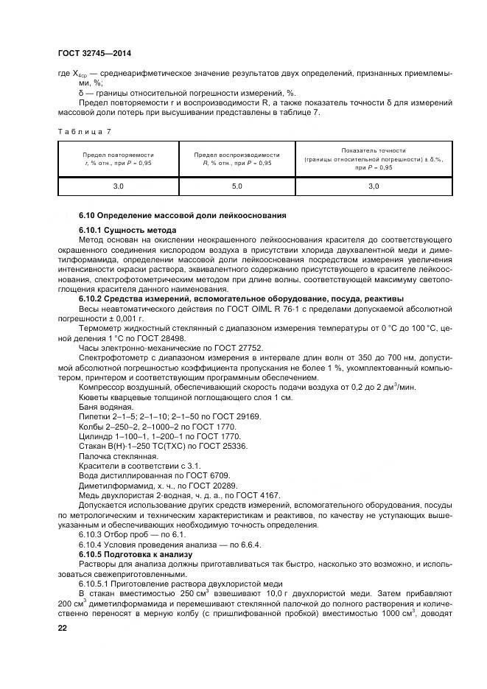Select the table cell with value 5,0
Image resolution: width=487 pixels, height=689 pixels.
coord(237,187)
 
